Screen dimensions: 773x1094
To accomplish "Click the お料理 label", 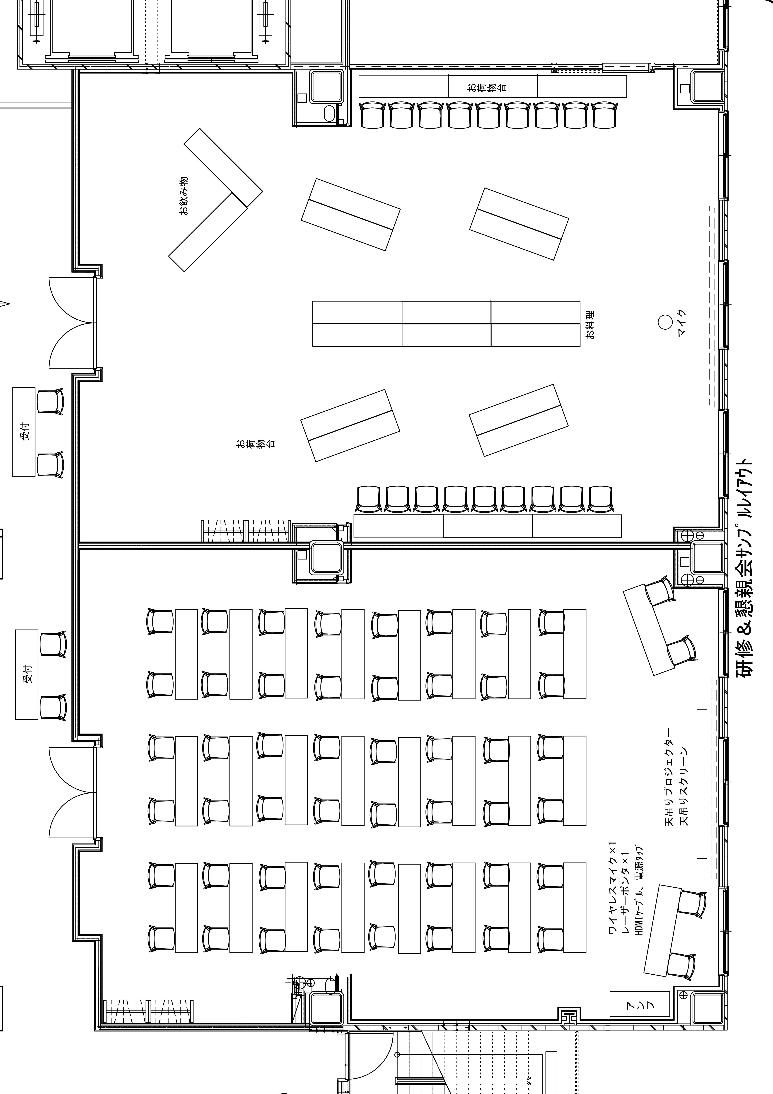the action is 590,324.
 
